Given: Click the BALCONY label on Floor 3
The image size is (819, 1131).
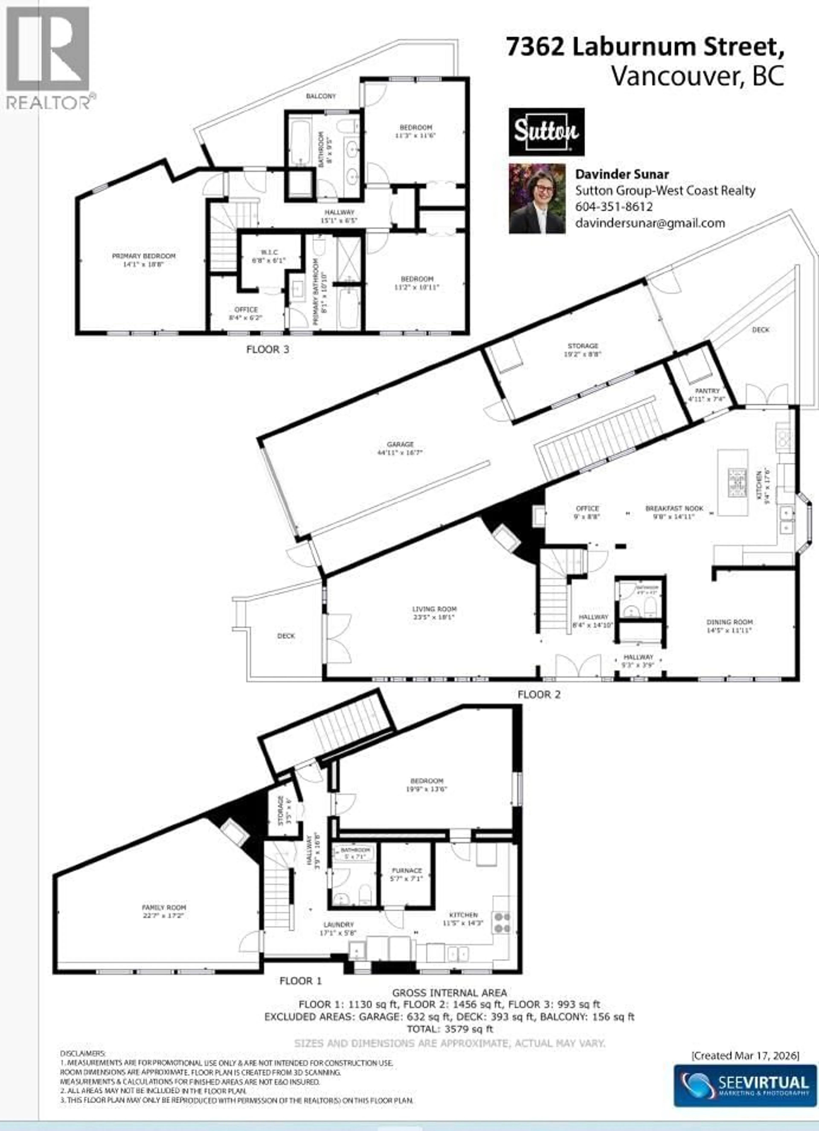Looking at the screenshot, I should click(x=321, y=96).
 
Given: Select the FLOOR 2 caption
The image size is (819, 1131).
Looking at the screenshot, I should click(x=539, y=695).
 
